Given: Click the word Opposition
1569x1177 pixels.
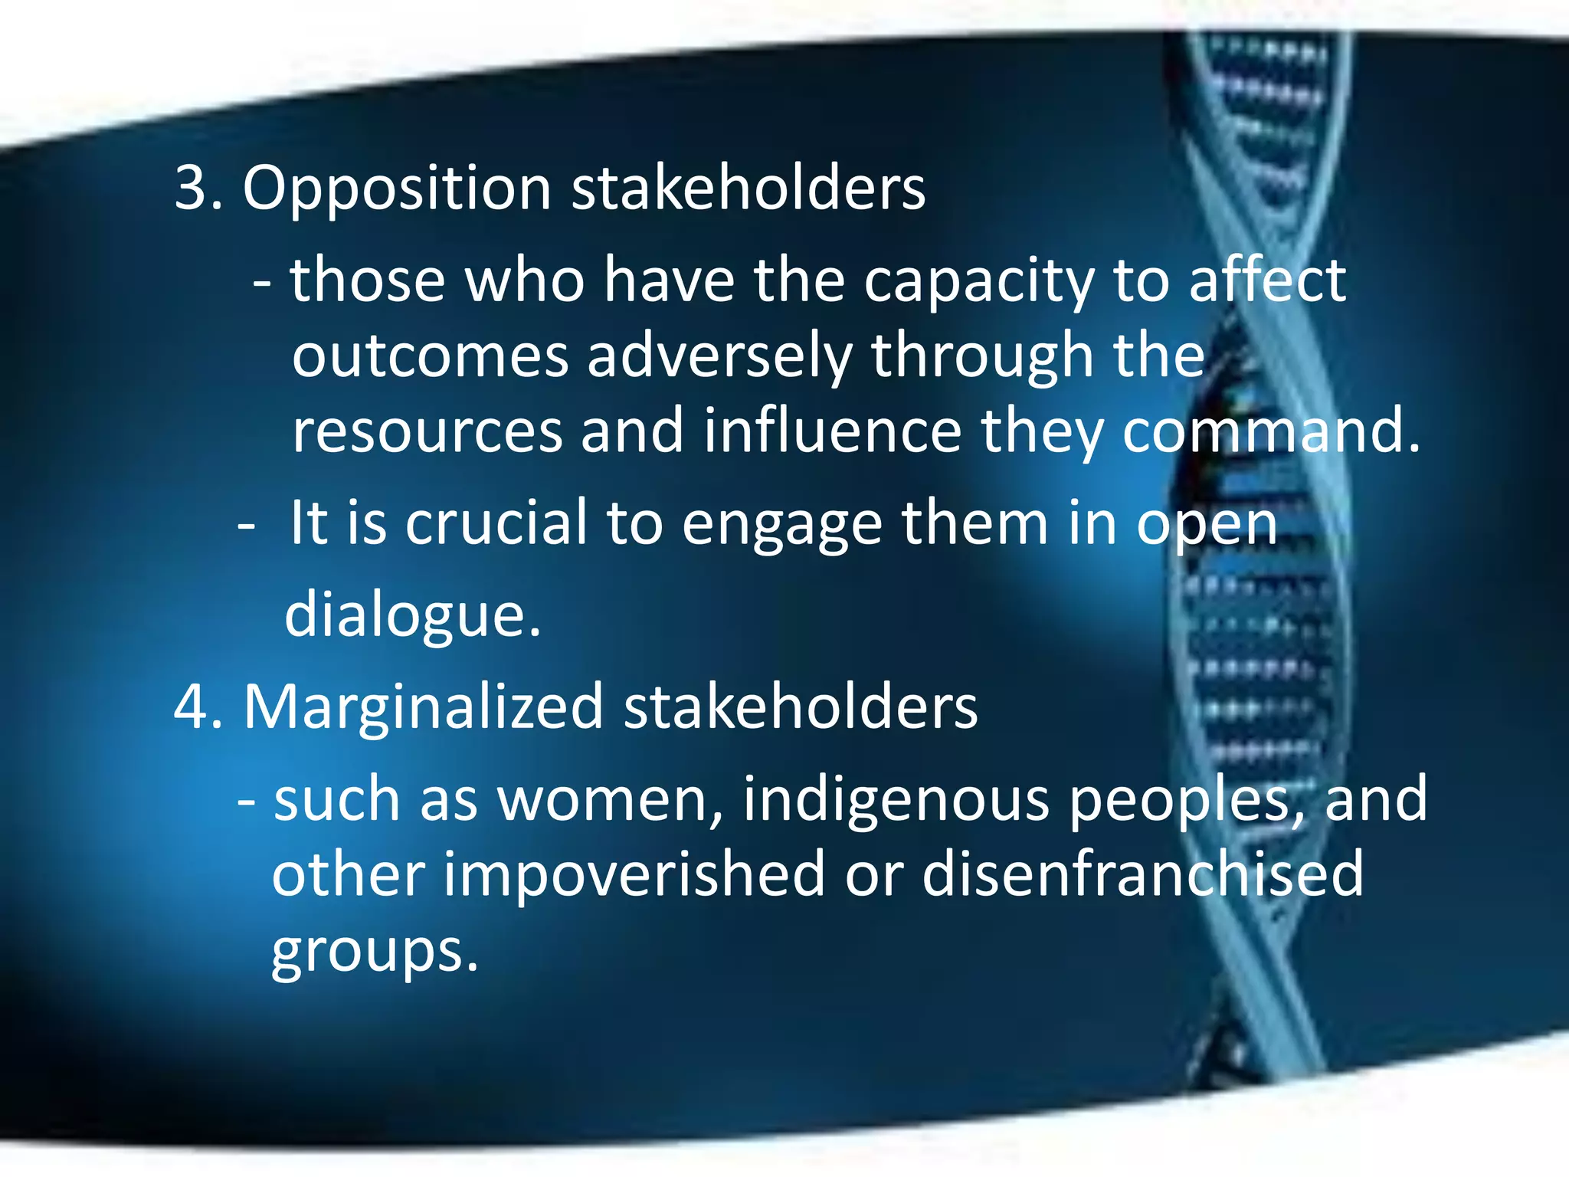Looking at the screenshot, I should point(396,189).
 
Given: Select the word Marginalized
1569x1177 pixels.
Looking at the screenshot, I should point(423,707).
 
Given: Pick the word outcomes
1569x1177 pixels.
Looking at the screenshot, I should point(430,356).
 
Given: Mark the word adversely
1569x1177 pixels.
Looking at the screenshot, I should point(719,358).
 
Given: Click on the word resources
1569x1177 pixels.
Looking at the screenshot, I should point(427,431).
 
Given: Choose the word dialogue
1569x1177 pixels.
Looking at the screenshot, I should point(412,615).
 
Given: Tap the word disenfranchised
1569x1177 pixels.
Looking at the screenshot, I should point(1142,874).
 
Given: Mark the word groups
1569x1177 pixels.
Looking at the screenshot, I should point(375,952).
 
